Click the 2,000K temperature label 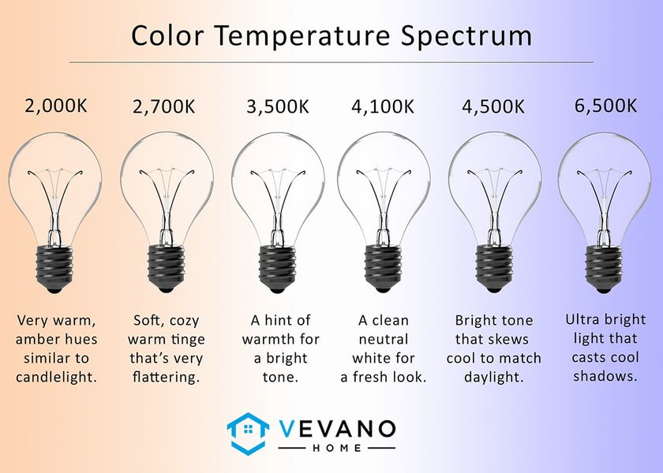point(56,106)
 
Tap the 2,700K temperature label point(164,106)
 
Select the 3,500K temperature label point(278,106)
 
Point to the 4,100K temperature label point(383,106)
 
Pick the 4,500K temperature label point(493,106)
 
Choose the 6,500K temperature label point(605,106)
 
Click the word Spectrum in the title point(466,36)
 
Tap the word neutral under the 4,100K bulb point(383,339)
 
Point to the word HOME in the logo point(337,448)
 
